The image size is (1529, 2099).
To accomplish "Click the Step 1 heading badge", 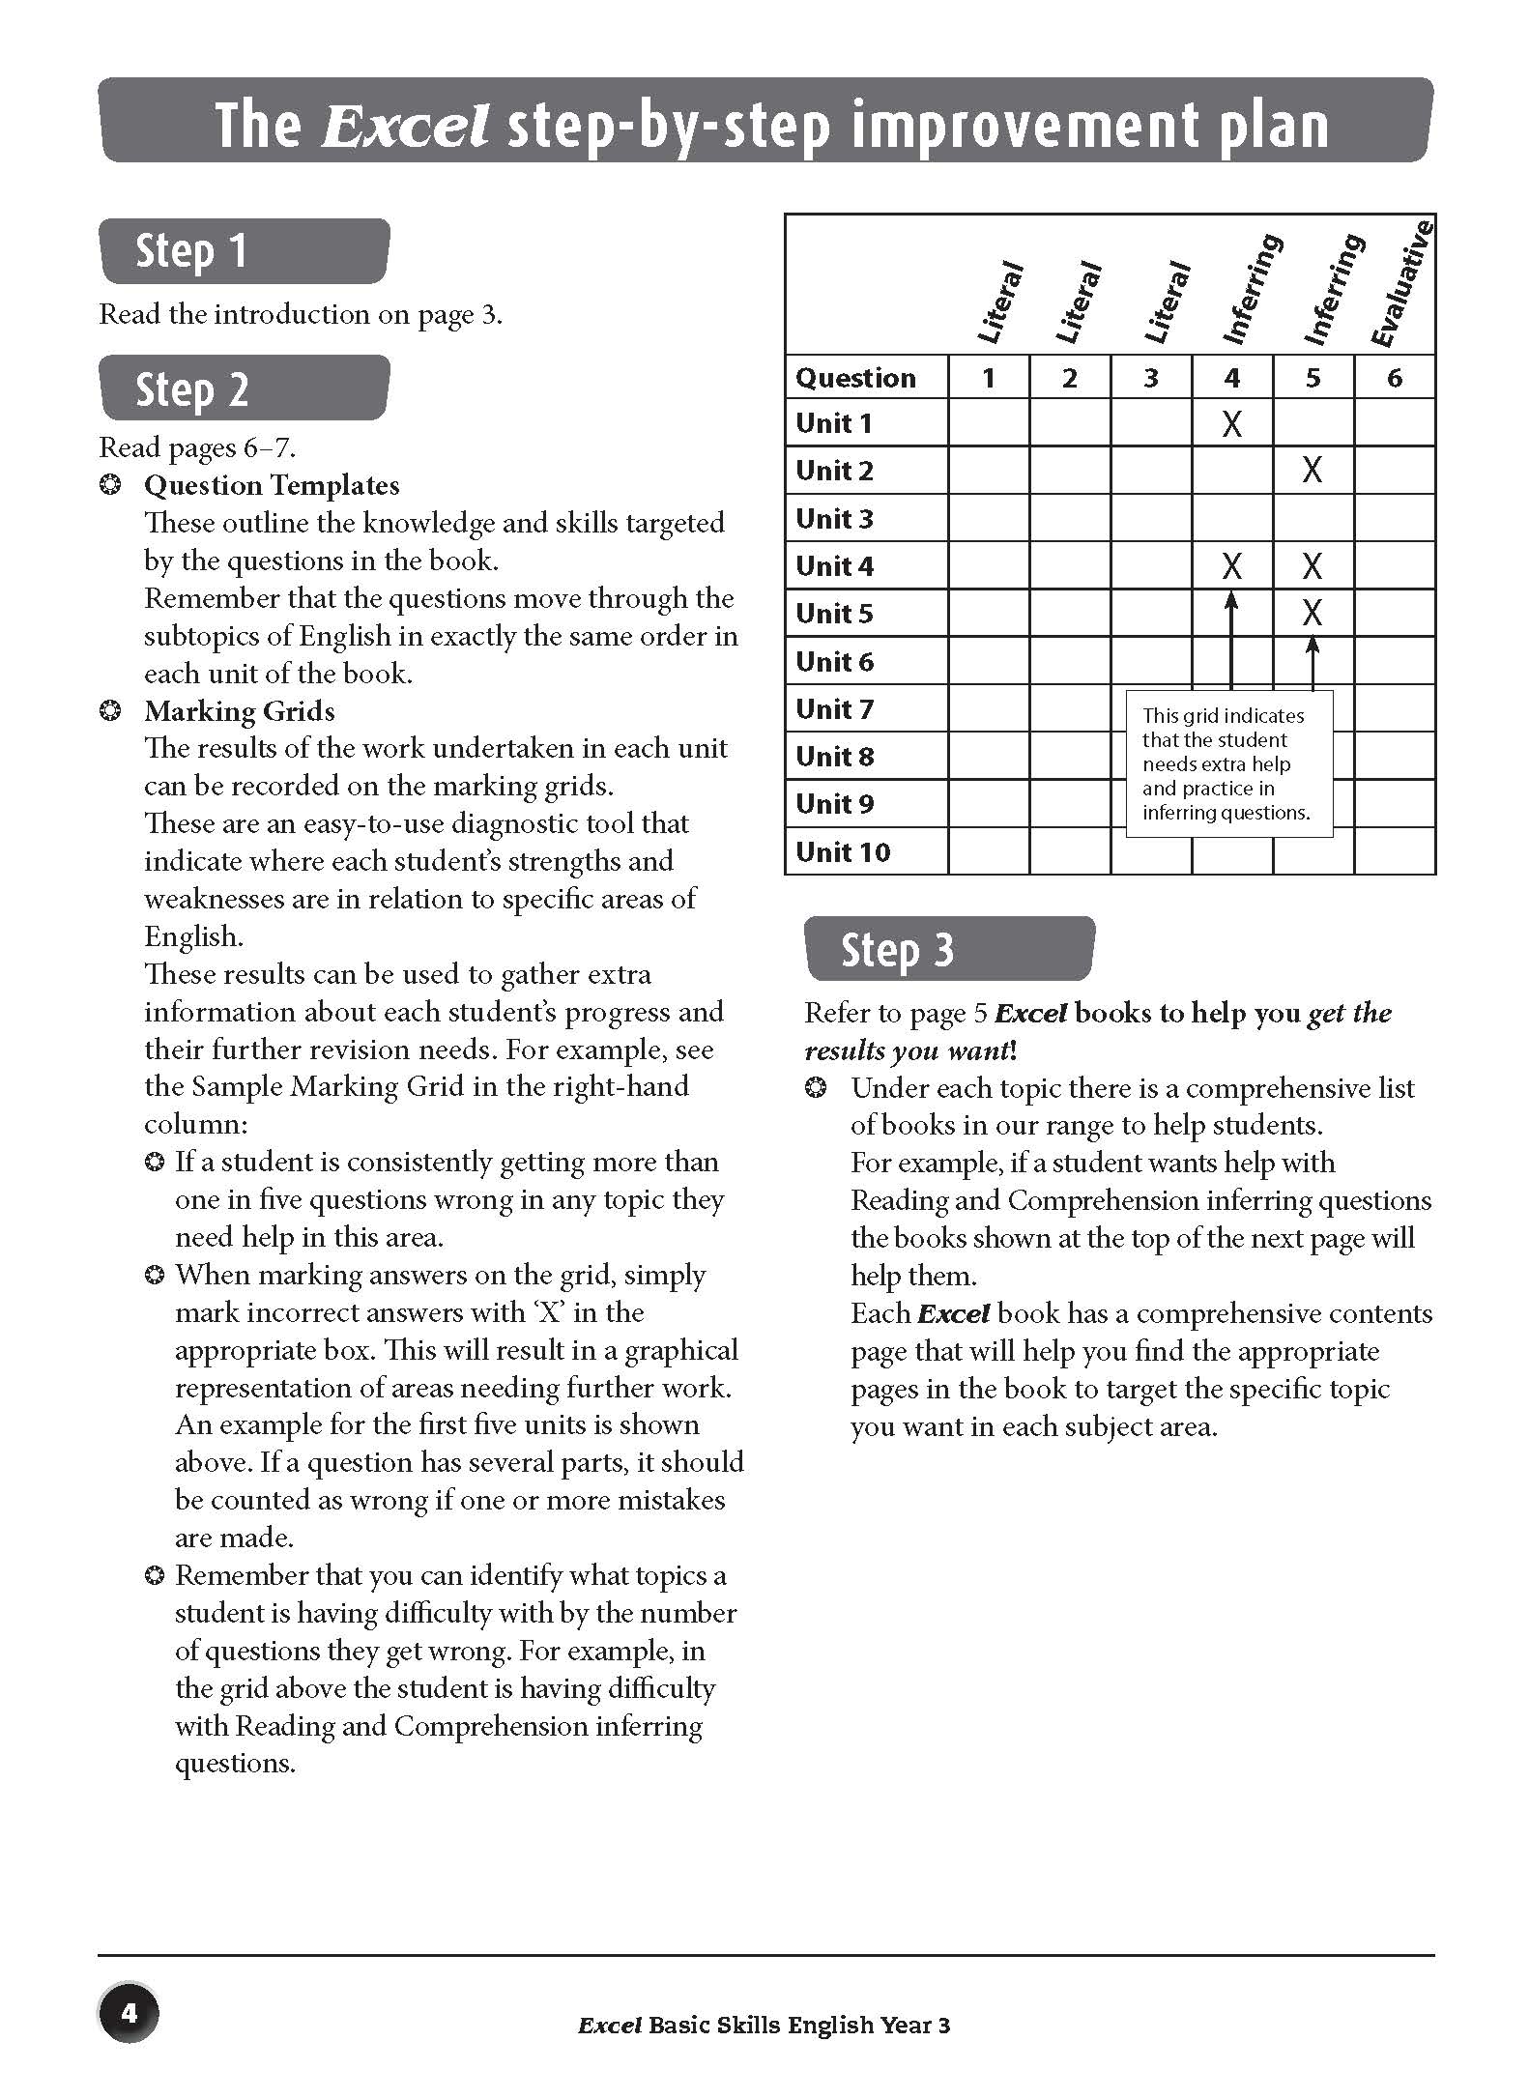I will [x=244, y=251].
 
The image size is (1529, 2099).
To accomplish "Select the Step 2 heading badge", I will [x=244, y=388].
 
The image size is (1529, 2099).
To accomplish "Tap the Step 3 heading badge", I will [x=948, y=949].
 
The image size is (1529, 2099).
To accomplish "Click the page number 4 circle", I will [x=129, y=2014].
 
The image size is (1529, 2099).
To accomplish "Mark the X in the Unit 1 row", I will [x=1231, y=423].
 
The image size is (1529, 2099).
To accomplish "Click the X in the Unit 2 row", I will [x=1312, y=471].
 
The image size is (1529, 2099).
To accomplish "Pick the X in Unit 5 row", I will [x=1312, y=613].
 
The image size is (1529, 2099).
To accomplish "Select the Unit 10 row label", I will [x=843, y=852].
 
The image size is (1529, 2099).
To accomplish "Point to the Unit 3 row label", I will [x=834, y=519].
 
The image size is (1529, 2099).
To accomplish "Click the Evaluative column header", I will [x=1402, y=286].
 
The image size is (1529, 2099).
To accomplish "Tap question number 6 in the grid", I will [x=1394, y=378].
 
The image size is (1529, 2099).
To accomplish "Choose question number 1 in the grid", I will [x=988, y=378].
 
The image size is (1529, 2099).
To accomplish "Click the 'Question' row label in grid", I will [x=855, y=378].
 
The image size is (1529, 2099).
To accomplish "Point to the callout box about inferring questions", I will [x=1228, y=763].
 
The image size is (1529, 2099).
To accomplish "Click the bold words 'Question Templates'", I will [x=272, y=485].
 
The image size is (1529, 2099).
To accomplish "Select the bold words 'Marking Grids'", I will [x=240, y=711].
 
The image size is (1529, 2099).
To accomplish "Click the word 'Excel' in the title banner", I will [x=404, y=126].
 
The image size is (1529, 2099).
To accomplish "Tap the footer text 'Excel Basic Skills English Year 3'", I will [x=764, y=2026].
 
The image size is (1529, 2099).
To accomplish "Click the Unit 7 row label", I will [x=834, y=709].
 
